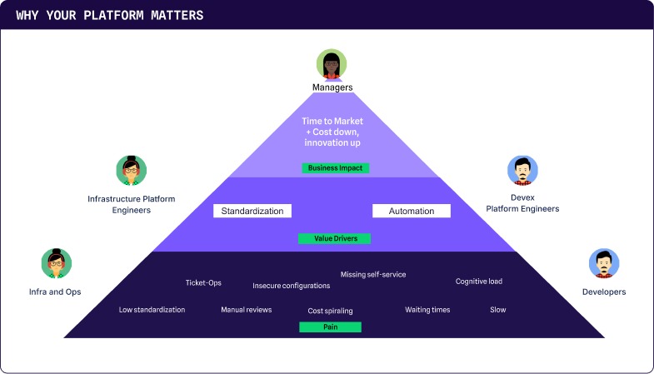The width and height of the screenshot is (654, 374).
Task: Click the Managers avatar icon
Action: tap(331, 65)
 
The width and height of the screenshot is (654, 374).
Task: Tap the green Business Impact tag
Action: tap(335, 167)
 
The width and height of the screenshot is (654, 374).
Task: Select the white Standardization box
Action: tap(252, 211)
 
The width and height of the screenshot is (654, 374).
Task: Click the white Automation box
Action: tap(411, 211)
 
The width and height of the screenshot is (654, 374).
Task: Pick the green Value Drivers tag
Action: tap(334, 238)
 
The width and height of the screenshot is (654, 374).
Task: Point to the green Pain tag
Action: tap(330, 327)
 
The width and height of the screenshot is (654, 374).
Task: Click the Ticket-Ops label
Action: tap(203, 282)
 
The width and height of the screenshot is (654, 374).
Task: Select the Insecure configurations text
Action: tap(292, 286)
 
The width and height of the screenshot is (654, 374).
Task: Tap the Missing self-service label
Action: tap(373, 274)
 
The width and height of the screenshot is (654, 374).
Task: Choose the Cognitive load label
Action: tap(479, 281)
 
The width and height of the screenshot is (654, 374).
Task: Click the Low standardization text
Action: tap(152, 310)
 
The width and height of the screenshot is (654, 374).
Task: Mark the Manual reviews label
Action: tap(247, 310)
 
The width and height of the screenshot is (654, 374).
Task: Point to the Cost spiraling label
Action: tap(330, 311)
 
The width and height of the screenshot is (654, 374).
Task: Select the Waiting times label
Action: tap(427, 310)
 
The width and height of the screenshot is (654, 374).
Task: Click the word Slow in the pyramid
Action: tap(497, 310)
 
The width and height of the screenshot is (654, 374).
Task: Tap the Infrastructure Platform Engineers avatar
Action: tap(131, 171)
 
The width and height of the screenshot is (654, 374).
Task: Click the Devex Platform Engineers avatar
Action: tap(522, 171)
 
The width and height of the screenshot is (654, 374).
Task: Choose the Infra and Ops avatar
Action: tap(56, 264)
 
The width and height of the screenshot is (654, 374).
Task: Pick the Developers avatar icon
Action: tap(604, 264)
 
